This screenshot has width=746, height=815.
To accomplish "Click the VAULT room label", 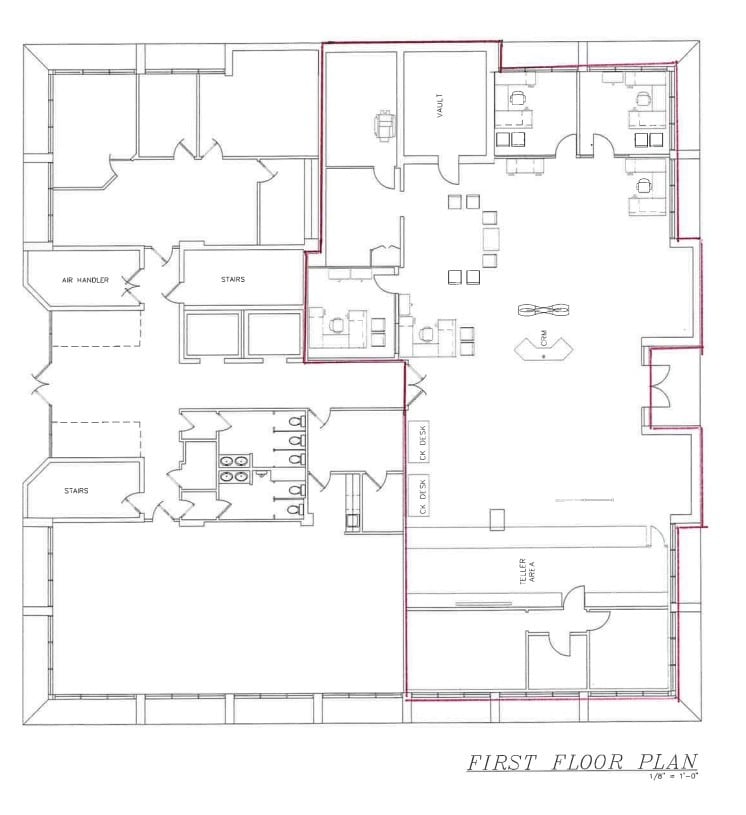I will (439, 106).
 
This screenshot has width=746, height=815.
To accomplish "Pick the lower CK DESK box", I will (421, 495).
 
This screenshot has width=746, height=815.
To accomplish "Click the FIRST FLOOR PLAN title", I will (581, 762).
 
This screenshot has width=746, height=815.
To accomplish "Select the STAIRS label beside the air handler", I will (233, 280).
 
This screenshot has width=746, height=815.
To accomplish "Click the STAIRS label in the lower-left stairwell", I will (76, 491).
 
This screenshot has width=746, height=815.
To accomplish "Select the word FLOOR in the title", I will (585, 762).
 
